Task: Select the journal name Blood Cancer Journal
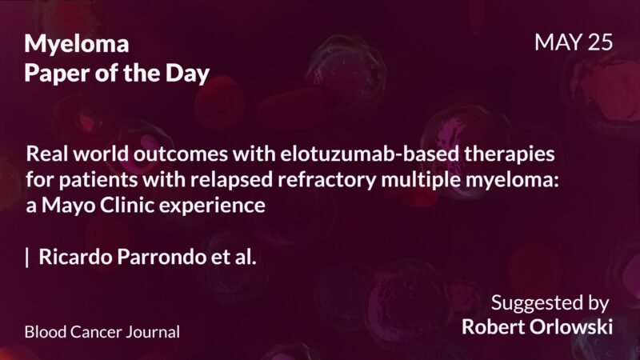pyautogui.click(x=102, y=331)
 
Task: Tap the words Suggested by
pyautogui.click(x=550, y=303)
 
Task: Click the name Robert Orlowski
pyautogui.click(x=538, y=327)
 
